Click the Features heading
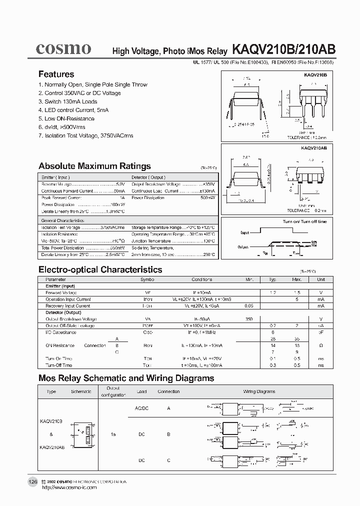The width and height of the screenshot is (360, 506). click(x=56, y=74)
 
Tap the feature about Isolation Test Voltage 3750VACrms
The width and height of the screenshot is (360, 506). click(x=85, y=135)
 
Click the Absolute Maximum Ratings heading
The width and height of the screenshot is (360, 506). click(x=94, y=166)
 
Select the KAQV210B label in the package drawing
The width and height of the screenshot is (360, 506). click(x=314, y=74)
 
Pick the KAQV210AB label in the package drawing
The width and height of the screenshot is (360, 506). click(x=313, y=148)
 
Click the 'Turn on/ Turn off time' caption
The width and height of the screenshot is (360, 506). click(x=304, y=221)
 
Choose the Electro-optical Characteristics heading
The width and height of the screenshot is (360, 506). click(x=100, y=269)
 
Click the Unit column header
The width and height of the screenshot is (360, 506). click(x=320, y=279)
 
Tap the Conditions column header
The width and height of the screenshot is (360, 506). click(x=201, y=279)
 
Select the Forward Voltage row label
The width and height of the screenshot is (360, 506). click(x=61, y=292)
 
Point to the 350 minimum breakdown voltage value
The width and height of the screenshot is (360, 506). click(x=249, y=318)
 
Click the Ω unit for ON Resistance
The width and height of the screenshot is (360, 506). click(x=320, y=345)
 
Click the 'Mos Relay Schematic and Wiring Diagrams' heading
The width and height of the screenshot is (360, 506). click(x=126, y=378)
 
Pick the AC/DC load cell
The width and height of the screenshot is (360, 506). click(x=142, y=408)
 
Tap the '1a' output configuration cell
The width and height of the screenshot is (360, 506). click(x=113, y=434)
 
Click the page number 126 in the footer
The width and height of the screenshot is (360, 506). click(x=32, y=481)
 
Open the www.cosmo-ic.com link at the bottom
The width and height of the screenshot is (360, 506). click(x=69, y=487)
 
